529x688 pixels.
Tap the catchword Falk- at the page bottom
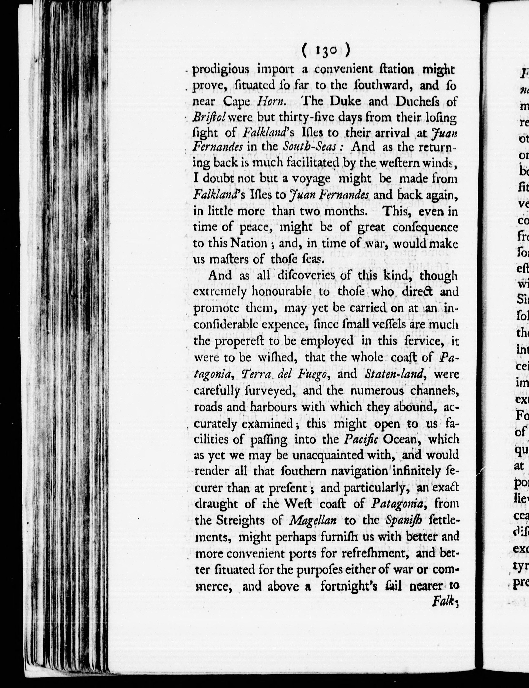point(444,602)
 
